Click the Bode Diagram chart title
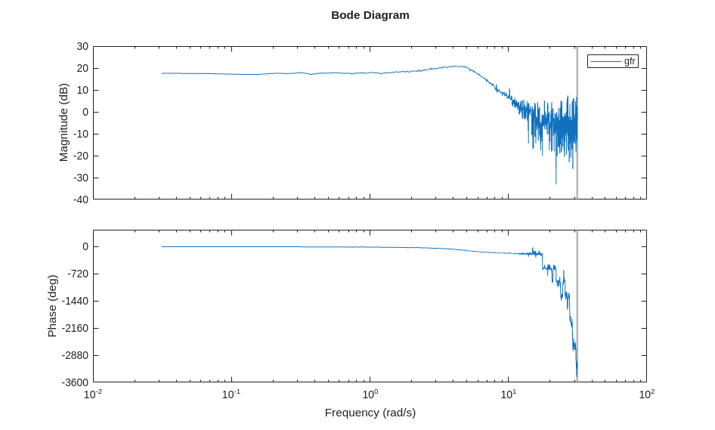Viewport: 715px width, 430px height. [x=370, y=15]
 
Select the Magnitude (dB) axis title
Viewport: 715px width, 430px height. [x=63, y=122]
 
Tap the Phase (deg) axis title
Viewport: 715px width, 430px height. [x=52, y=305]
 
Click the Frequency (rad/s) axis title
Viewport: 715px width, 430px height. [x=370, y=413]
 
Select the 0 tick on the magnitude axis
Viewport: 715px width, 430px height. [x=85, y=113]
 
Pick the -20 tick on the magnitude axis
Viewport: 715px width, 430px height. [x=80, y=156]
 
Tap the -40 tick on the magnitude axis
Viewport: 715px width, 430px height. [x=80, y=200]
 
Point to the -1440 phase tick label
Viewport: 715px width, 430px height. [x=75, y=301]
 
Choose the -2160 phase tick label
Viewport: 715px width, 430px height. [x=75, y=328]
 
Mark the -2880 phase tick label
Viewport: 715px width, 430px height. [x=75, y=355]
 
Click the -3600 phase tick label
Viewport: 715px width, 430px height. [x=75, y=382]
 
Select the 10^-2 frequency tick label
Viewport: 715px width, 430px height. [x=93, y=394]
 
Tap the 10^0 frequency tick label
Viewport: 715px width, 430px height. [x=370, y=394]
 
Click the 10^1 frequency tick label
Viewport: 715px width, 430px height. [x=508, y=394]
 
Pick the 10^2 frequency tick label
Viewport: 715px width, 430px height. [x=646, y=394]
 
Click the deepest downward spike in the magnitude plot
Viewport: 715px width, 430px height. [x=556, y=183]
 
